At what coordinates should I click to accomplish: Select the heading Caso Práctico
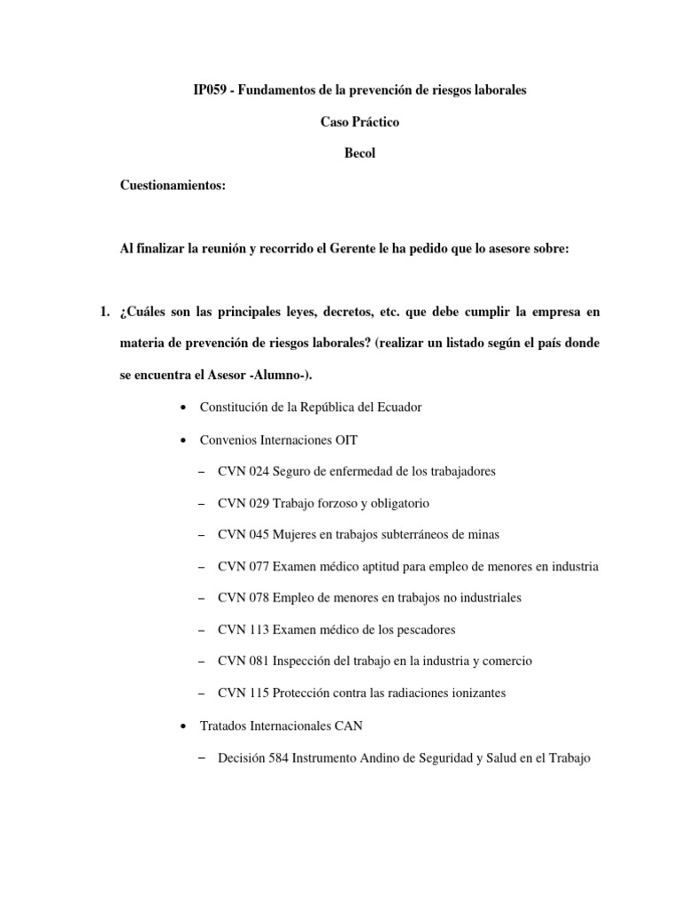[x=359, y=121]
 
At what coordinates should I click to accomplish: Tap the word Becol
[x=359, y=152]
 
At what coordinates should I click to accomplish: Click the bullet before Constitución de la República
[x=182, y=407]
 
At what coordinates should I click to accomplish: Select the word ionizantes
[x=476, y=693]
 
